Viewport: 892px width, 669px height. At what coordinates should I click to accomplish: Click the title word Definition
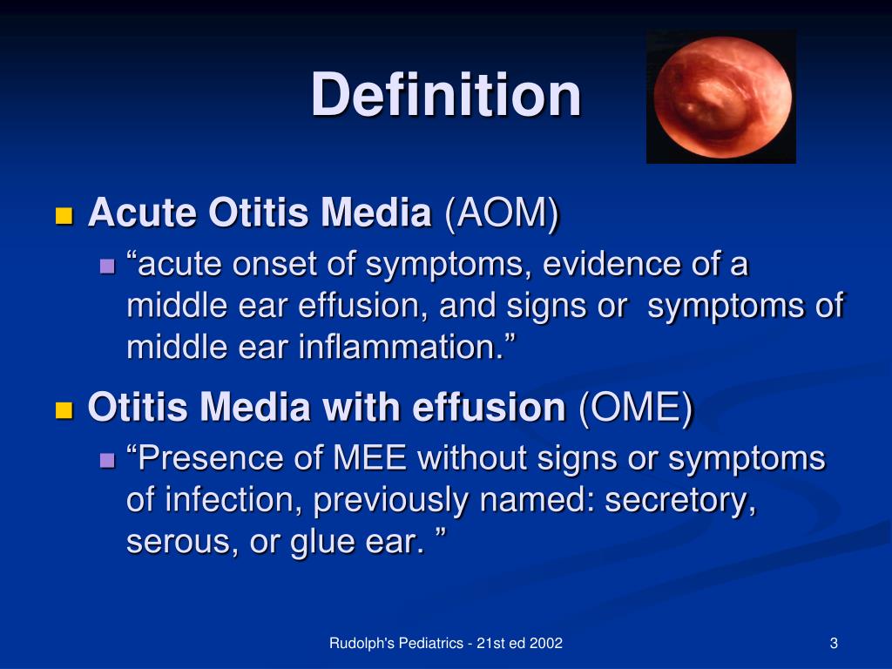click(x=446, y=94)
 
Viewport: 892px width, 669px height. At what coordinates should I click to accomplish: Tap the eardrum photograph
click(x=721, y=97)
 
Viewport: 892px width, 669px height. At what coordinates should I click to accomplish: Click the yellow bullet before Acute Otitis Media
click(x=64, y=216)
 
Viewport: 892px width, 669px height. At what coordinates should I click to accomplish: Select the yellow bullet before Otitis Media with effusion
click(x=64, y=410)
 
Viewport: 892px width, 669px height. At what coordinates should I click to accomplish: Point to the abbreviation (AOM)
click(x=502, y=213)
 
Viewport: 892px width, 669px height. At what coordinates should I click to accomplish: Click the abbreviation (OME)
click(x=636, y=408)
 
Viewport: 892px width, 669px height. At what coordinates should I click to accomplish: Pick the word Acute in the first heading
click(x=143, y=213)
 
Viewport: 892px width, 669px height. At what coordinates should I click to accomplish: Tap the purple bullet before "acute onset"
click(x=107, y=266)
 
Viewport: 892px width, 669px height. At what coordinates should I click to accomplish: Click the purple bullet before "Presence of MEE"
click(x=107, y=460)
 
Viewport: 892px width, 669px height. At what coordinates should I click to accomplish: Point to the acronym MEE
click(x=369, y=458)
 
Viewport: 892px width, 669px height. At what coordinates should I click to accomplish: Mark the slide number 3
click(x=834, y=644)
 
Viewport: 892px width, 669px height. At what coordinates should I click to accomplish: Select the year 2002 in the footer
click(x=545, y=644)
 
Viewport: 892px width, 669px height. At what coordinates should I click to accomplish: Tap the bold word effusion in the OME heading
click(x=489, y=408)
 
